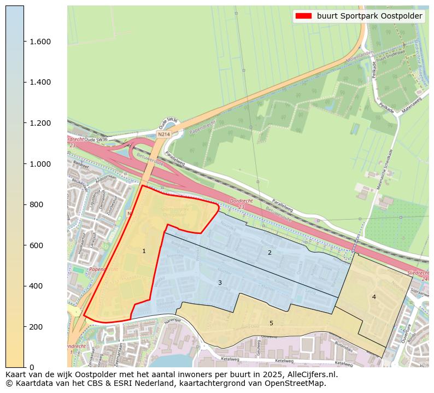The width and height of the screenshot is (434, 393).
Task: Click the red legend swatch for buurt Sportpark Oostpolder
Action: pos(303,16)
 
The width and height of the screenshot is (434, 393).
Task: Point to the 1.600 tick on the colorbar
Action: pos(24,42)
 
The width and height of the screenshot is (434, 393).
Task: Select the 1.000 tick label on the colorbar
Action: pos(40,164)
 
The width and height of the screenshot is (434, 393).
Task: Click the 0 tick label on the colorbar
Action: pos(32,367)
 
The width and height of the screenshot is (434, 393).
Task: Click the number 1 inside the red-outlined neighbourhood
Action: pos(144,251)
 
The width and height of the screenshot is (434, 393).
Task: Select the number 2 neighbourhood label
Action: pos(269,253)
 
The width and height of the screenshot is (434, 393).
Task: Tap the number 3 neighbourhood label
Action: pos(220,283)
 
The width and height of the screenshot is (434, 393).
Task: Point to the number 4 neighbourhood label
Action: pos(374,297)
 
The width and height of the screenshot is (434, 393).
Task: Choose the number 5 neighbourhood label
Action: pos(271,324)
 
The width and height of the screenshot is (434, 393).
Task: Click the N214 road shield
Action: pos(163,134)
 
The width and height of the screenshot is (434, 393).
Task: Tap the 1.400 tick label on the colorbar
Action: pos(40,83)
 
